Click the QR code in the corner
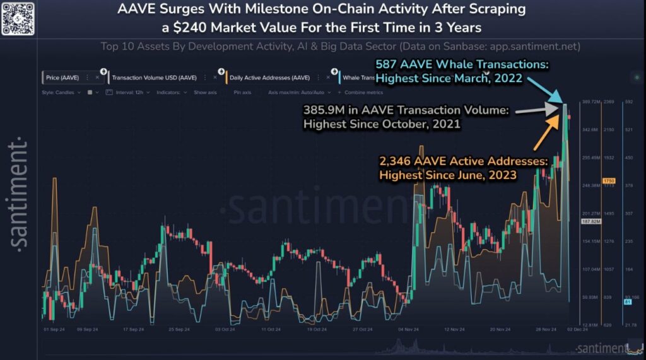point(17,17)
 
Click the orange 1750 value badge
point(609,181)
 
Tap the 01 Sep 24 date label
point(54,329)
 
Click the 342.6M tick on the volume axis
point(590,129)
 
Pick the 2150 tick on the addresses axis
point(609,129)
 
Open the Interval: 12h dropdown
point(130,92)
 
